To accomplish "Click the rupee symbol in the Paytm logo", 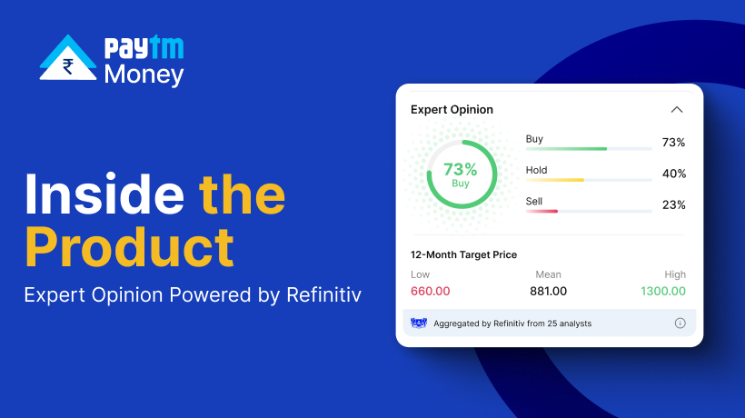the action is point(68,66).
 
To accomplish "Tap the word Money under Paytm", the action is point(144,75).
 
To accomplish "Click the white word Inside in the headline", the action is point(104,194).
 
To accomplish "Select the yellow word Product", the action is point(129,247).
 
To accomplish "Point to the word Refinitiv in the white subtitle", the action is point(323,294).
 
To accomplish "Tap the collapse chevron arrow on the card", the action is point(677,110).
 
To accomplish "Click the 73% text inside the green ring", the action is point(460,169).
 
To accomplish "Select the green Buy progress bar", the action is point(566,149).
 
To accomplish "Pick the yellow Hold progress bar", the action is point(555,180).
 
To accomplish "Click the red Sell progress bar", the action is point(541,212).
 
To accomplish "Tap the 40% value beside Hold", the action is point(674,174).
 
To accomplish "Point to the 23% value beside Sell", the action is point(674,205).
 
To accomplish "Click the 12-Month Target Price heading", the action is point(463,254).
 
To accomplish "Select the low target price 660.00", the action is point(430,291).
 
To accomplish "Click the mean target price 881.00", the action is point(548,291).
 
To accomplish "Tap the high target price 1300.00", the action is point(663,291).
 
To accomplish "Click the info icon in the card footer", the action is point(680,323).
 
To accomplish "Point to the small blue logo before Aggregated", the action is point(419,323).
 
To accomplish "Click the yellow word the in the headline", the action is point(243,194).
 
